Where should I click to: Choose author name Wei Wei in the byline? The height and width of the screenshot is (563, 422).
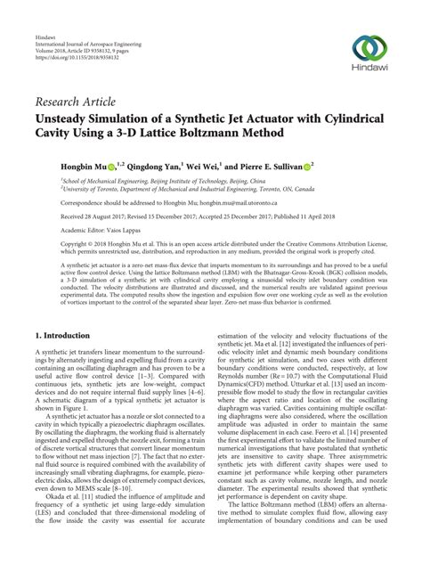click(x=200, y=166)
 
